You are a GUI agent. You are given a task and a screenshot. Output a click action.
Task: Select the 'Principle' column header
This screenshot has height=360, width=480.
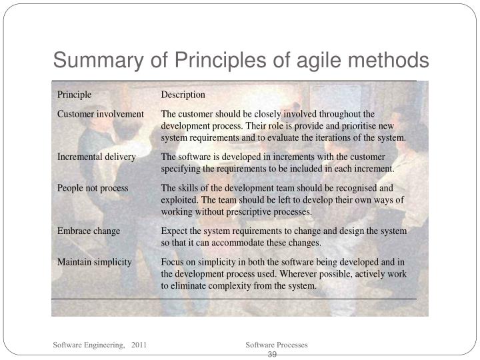(74, 95)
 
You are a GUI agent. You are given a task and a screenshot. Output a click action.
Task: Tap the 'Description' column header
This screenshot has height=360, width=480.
(183, 95)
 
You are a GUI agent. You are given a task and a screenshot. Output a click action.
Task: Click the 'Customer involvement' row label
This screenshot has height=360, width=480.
(100, 114)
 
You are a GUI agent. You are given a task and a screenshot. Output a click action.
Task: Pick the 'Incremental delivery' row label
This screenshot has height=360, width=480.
(96, 157)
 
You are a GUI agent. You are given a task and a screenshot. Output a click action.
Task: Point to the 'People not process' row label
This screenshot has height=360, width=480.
(92, 188)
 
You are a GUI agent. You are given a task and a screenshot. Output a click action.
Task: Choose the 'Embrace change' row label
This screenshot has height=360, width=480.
(89, 231)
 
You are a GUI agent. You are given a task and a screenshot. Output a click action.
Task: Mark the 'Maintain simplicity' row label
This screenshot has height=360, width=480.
(94, 262)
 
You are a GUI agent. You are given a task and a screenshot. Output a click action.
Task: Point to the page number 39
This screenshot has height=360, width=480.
(272, 354)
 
